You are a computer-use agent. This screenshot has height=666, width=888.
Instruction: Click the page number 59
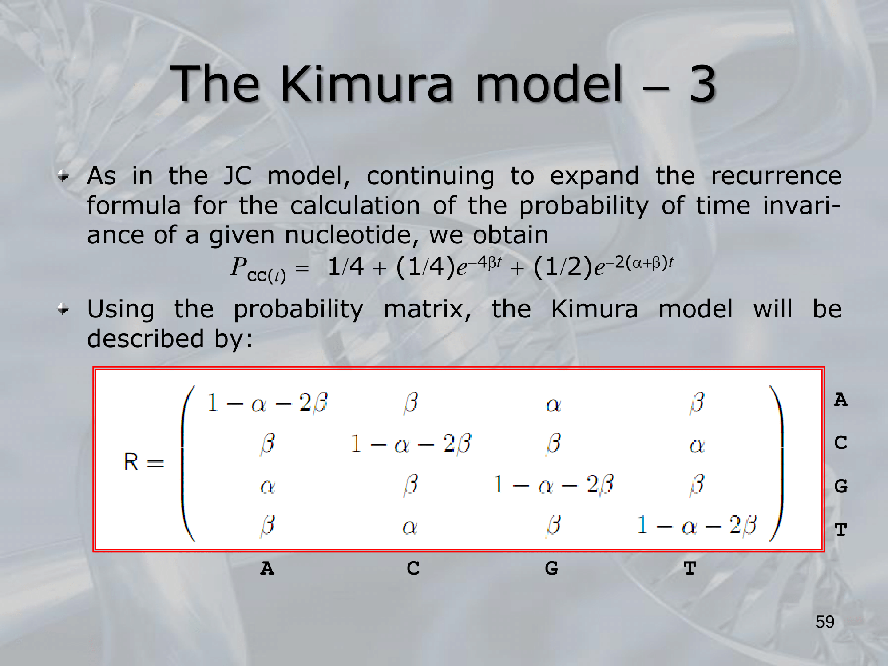(x=825, y=622)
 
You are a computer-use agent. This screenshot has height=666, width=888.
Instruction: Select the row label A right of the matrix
(x=841, y=400)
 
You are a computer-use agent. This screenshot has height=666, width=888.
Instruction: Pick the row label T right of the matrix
(x=841, y=529)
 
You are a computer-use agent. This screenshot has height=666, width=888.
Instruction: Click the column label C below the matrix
(x=413, y=568)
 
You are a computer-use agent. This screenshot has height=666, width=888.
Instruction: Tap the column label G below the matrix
(x=551, y=568)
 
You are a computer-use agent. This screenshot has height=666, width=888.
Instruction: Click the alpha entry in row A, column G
(x=553, y=404)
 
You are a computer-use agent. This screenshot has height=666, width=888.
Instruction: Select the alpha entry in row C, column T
(x=697, y=445)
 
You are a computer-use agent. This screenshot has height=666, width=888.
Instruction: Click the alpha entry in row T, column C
(x=410, y=527)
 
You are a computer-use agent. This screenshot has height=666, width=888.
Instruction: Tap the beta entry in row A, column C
(x=411, y=403)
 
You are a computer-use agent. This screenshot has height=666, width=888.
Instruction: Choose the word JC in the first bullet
(x=237, y=176)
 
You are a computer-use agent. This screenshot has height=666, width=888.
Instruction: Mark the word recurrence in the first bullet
(x=776, y=176)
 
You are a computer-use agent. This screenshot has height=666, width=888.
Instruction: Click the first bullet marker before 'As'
(x=63, y=177)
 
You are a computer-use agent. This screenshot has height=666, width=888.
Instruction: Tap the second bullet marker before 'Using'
(x=63, y=309)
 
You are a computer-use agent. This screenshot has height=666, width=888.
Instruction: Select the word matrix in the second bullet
(x=427, y=309)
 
